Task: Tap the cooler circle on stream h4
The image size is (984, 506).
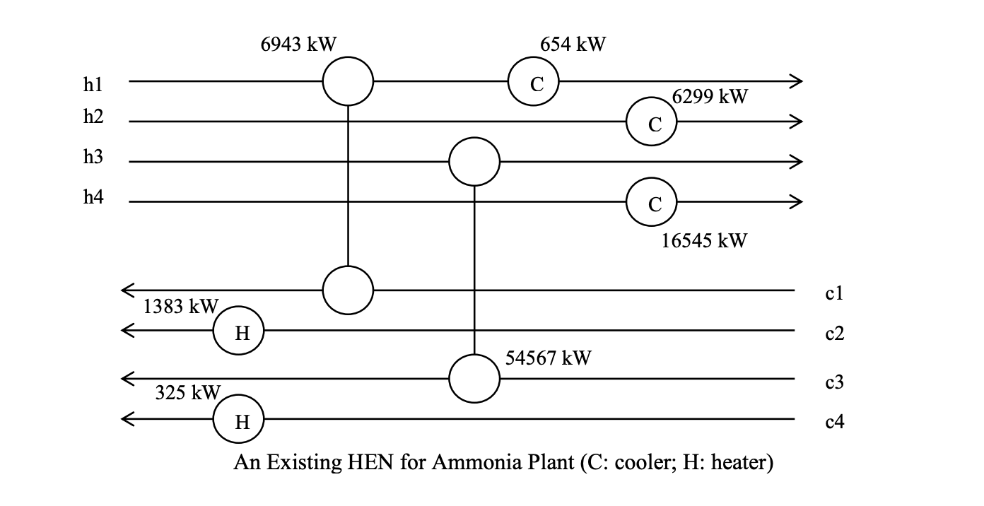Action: [x=652, y=204]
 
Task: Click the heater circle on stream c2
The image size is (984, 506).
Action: [x=239, y=331]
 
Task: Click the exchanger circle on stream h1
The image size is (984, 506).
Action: [x=348, y=82]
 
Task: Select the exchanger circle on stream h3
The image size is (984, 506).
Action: [x=474, y=162]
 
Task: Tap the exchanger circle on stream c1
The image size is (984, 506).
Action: [x=348, y=290]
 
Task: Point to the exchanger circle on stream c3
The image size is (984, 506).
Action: [x=474, y=379]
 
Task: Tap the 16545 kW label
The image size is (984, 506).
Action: [x=704, y=241]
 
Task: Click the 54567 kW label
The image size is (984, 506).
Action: [x=549, y=358]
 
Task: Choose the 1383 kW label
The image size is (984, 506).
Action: [x=180, y=307]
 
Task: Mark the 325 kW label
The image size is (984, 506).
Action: [x=188, y=393]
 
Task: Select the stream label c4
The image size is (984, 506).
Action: [x=835, y=423]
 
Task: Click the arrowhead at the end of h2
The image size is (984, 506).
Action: [x=797, y=122]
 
